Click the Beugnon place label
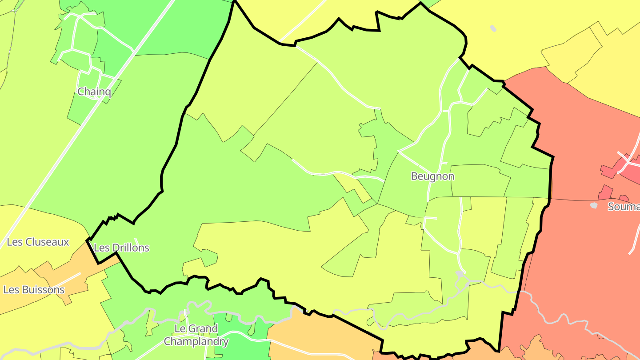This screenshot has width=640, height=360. [432, 176]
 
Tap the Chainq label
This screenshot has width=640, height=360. [94, 92]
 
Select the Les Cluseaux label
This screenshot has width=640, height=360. [38, 242]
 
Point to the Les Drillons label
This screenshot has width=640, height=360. [122, 248]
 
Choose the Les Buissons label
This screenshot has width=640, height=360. [34, 290]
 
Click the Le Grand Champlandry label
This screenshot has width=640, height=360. [196, 335]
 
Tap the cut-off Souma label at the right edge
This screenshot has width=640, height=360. [624, 207]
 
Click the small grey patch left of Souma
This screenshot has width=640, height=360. [594, 205]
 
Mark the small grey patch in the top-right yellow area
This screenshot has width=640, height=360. [492, 28]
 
